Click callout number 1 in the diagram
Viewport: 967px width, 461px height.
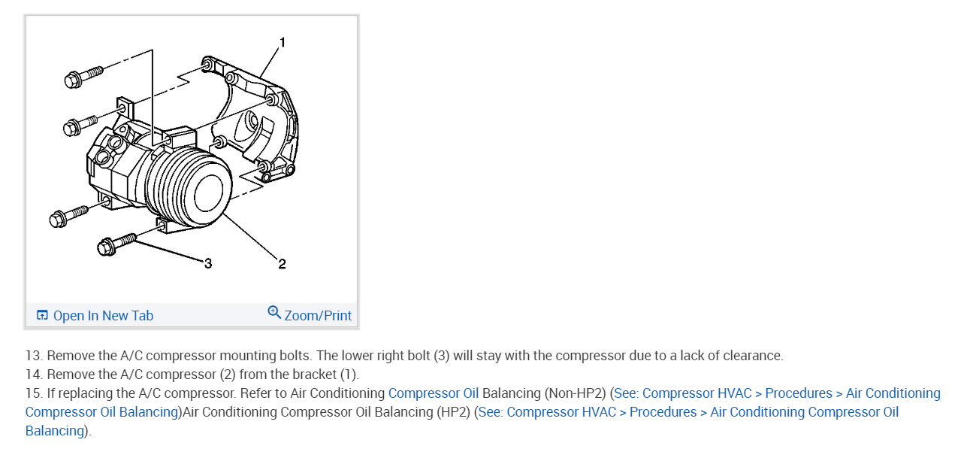click(283, 43)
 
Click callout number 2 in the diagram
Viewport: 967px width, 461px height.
click(282, 264)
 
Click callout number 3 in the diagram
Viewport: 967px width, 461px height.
click(208, 263)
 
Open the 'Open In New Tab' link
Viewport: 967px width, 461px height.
click(103, 316)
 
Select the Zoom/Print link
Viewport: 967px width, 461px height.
click(318, 316)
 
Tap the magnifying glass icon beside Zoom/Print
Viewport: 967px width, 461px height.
click(274, 313)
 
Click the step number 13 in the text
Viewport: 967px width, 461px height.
click(33, 356)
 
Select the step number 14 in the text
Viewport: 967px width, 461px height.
click(33, 375)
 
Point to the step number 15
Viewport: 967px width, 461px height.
click(33, 393)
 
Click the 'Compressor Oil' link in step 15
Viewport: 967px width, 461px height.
click(433, 393)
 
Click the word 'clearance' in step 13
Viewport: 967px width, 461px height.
click(751, 356)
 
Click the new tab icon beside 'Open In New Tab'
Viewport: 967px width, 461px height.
click(42, 316)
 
